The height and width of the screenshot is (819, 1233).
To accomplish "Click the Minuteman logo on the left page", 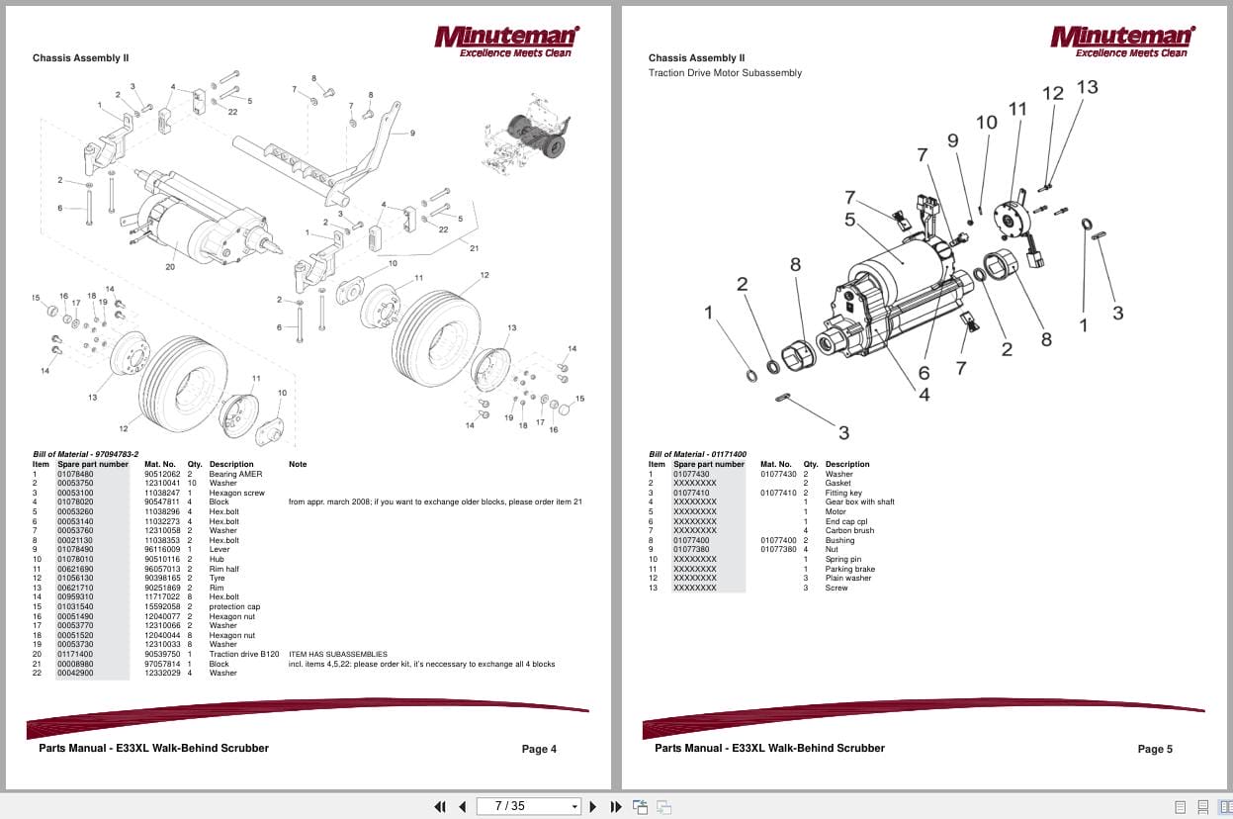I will pos(506,41).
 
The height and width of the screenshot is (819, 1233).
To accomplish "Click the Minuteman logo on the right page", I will pos(1122,41).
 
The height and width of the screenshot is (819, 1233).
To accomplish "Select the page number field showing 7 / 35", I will pos(528,806).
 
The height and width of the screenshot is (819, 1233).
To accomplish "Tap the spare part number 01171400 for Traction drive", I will pos(74,654).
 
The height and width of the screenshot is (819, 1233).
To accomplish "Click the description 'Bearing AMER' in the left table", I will pos(235,474).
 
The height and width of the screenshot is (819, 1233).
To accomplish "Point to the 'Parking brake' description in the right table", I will pos(849,569).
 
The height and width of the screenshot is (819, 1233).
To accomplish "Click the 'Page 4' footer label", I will pos(539,749).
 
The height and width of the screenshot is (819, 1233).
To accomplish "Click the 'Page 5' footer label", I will pos(1155,749).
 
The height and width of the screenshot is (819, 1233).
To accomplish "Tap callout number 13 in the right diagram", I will pos(1086,87).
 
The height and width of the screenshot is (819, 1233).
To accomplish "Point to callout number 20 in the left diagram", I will pos(170,266).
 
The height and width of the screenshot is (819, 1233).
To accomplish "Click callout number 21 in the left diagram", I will pos(474,248).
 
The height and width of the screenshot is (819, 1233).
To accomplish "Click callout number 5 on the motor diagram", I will pos(849,220).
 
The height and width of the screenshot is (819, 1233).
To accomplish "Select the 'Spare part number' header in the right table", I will pos(709,464).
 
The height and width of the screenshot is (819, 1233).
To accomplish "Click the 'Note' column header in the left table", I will pos(298,464).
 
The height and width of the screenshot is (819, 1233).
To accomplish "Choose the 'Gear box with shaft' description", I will pos(859,501).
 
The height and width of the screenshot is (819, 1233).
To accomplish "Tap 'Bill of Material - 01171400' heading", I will pos(697,454).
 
